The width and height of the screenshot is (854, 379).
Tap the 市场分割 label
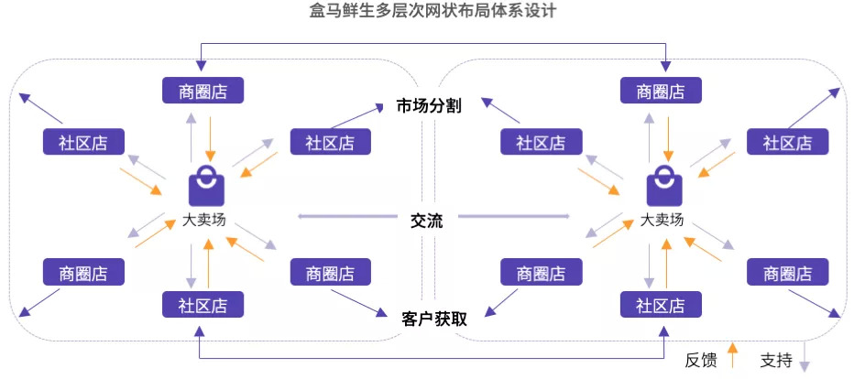coord(428,105)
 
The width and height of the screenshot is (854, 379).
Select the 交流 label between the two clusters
coord(427,221)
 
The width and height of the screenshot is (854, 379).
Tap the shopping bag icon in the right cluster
coord(663,187)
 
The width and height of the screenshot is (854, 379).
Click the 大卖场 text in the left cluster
coord(204,220)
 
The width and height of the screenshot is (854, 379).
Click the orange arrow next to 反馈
coord(731,354)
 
